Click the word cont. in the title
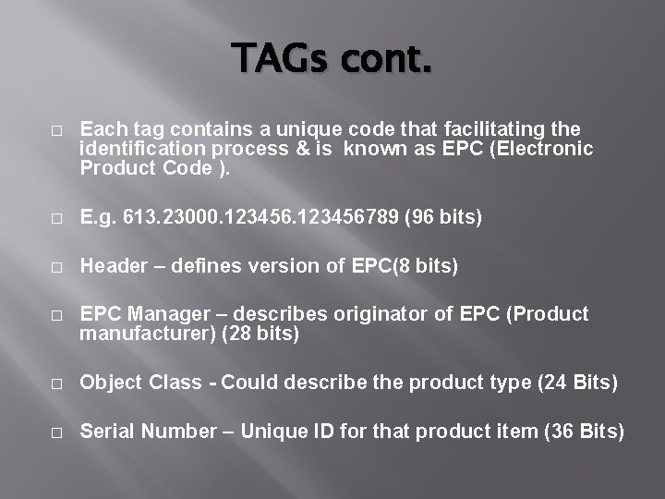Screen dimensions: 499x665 (386, 61)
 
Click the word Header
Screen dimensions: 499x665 (114, 266)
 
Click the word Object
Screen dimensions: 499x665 (111, 383)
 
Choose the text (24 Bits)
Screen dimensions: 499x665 (577, 383)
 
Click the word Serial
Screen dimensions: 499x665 (108, 431)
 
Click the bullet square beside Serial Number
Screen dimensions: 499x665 (57, 432)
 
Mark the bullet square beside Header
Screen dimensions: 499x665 (57, 267)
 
